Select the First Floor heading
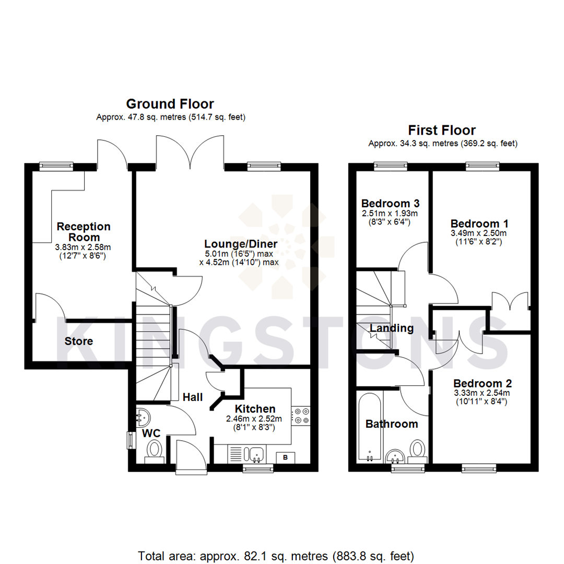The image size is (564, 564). coord(442,130)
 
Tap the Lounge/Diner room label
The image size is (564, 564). coord(240,244)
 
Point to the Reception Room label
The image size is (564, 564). coord(84,232)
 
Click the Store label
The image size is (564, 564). coord(79,342)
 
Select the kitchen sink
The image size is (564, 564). coord(256,454)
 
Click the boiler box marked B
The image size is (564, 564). coord(285,457)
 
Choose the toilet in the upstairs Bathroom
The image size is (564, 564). coord(417,450)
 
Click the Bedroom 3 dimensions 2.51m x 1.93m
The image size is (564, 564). coord(390,214)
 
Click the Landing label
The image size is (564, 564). coord(392,328)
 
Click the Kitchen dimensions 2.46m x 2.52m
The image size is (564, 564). coord(254,419)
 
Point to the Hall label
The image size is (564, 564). coord(193,397)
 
